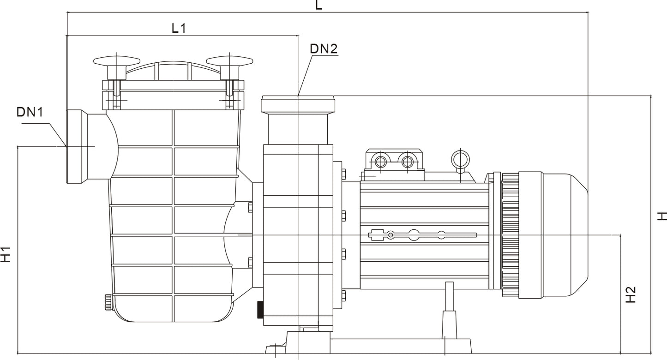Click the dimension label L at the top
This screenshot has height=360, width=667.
[x=318, y=5]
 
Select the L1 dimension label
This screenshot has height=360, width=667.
[x=179, y=28]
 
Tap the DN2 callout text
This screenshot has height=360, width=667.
[x=324, y=48]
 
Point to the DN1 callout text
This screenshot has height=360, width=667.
[x=30, y=112]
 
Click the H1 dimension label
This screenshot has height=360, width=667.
[x=6, y=254]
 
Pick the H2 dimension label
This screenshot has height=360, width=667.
[x=631, y=295]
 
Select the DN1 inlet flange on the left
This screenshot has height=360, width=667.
[x=76, y=146]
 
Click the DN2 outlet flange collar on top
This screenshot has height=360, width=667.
[x=298, y=104]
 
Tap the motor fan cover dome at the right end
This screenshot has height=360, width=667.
[x=566, y=234]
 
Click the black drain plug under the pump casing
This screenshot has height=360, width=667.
[x=260, y=310]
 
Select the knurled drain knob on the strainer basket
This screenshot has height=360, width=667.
[x=108, y=302]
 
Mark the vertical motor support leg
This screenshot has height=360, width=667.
[x=449, y=310]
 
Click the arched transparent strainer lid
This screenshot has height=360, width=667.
[x=173, y=72]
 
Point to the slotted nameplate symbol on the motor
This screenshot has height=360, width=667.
[x=422, y=235]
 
